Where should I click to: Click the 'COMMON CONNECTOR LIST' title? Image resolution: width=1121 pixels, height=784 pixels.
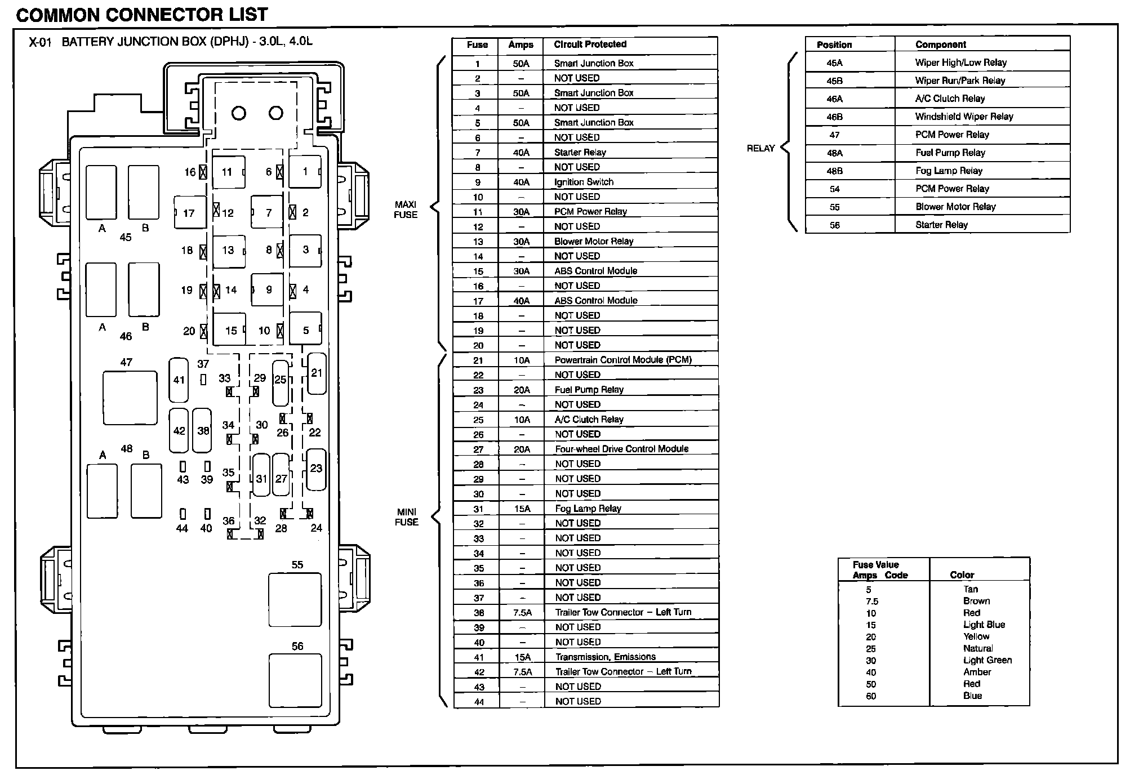pos(142,14)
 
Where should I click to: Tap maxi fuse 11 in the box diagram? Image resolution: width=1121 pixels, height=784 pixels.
pos(228,172)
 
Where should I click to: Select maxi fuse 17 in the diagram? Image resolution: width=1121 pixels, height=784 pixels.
pos(190,212)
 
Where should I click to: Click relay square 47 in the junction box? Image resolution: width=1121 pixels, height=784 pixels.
pos(130,398)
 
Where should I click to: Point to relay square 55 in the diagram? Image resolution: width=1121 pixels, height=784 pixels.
pos(295,599)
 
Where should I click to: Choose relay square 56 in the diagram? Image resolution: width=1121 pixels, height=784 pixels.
pos(295,680)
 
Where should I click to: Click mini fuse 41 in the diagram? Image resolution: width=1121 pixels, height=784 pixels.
pos(179,380)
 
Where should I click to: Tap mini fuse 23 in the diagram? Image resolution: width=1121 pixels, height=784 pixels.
pos(316,468)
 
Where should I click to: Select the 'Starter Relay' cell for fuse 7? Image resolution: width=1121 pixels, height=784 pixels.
pos(580,152)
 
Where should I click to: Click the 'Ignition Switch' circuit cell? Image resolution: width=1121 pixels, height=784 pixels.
pos(584,182)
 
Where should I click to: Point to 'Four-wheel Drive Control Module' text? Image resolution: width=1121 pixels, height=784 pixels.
pos(621,449)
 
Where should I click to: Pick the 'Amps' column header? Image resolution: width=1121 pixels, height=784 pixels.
pos(521,45)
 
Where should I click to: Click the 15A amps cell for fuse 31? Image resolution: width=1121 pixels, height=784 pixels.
pos(522,509)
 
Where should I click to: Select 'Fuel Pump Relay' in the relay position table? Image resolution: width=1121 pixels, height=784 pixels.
pos(950,153)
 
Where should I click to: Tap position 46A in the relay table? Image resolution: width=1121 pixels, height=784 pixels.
pos(834,99)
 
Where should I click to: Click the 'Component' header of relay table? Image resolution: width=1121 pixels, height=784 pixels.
pos(940,44)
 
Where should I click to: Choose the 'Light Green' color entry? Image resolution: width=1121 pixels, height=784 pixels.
pos(987,660)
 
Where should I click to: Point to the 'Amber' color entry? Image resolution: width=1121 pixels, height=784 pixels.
pos(977,672)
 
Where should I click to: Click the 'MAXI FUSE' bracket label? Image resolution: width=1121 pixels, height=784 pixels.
pos(406,210)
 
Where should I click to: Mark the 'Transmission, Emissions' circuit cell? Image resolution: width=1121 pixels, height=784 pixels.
pos(605,657)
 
